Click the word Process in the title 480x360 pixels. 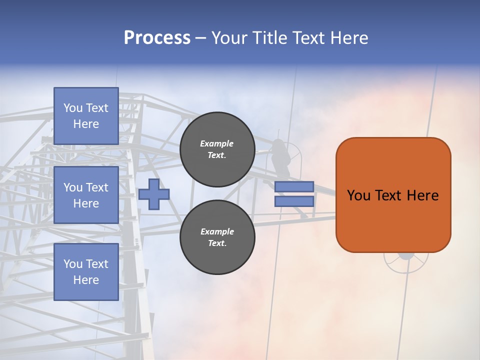pyautogui.click(x=157, y=37)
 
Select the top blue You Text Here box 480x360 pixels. pyautogui.click(x=86, y=116)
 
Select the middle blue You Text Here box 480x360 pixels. pyautogui.click(x=86, y=195)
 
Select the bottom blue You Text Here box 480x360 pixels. pyautogui.click(x=86, y=271)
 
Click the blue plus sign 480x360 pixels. pyautogui.click(x=154, y=193)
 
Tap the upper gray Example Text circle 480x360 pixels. pyautogui.click(x=217, y=149)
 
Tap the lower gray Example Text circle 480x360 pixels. pyautogui.click(x=217, y=237)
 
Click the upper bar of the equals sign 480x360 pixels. pyautogui.click(x=294, y=186)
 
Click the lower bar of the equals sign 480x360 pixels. pyautogui.click(x=294, y=201)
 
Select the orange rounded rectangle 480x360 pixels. pyautogui.click(x=393, y=220)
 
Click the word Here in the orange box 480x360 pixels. pyautogui.click(x=422, y=195)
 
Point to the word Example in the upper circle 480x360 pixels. pyautogui.click(x=217, y=143)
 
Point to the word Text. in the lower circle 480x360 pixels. pyautogui.click(x=217, y=243)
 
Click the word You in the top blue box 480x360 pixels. pyautogui.click(x=73, y=108)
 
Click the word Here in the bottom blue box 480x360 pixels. pyautogui.click(x=86, y=280)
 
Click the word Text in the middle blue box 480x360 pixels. pyautogui.click(x=97, y=187)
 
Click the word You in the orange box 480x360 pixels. pyautogui.click(x=358, y=195)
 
